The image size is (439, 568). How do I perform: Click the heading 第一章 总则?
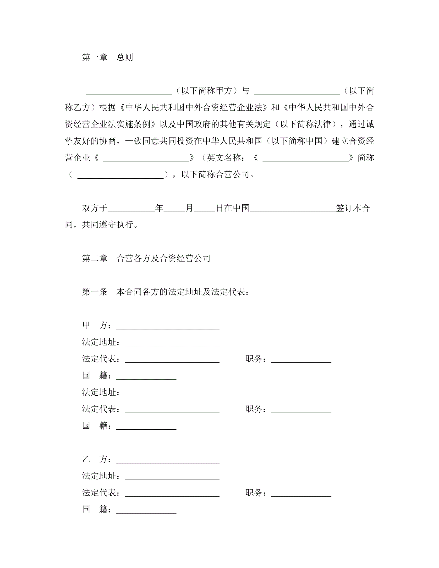(107, 57)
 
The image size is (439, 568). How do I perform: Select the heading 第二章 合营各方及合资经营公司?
(146, 258)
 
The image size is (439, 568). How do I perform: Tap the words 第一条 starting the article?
(95, 292)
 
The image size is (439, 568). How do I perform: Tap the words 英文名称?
(224, 158)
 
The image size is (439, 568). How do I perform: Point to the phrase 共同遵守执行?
(107, 224)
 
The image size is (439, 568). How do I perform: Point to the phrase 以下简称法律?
(305, 124)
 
